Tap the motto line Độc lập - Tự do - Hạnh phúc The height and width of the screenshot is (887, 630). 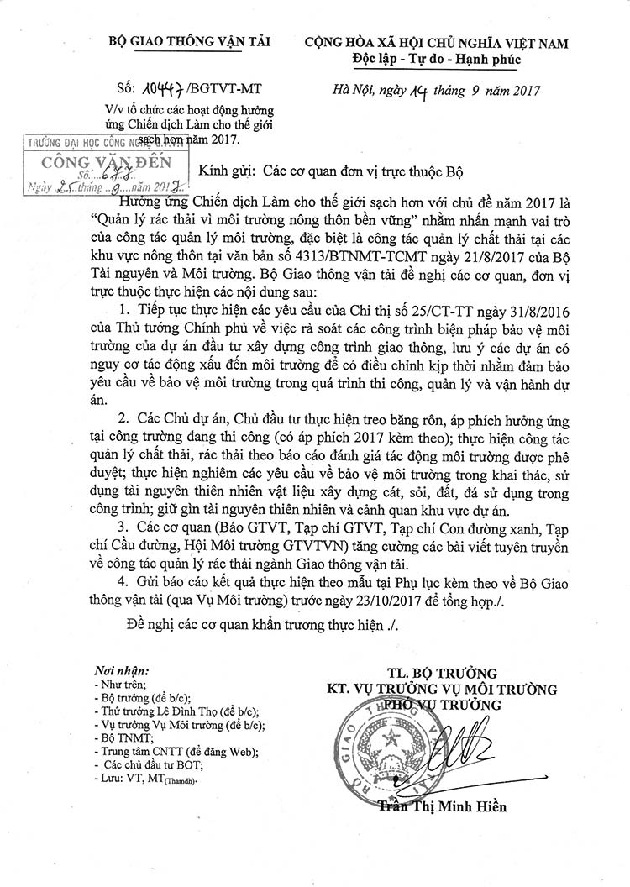[x=437, y=59]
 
